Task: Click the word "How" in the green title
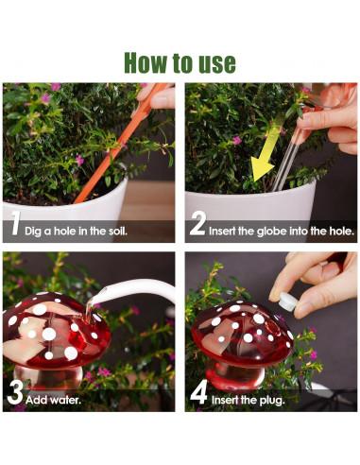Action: [x=146, y=62]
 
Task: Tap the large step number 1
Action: [x=15, y=223]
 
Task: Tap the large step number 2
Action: [x=197, y=223]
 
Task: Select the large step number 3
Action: [x=15, y=392]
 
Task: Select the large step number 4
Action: [x=198, y=392]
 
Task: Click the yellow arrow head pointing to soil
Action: [x=263, y=169]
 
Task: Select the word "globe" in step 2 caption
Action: [x=272, y=232]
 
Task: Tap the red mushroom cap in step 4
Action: [x=242, y=334]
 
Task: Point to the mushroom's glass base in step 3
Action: [x=48, y=377]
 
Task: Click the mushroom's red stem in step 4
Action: [x=235, y=376]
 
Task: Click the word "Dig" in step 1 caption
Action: [x=33, y=232]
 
